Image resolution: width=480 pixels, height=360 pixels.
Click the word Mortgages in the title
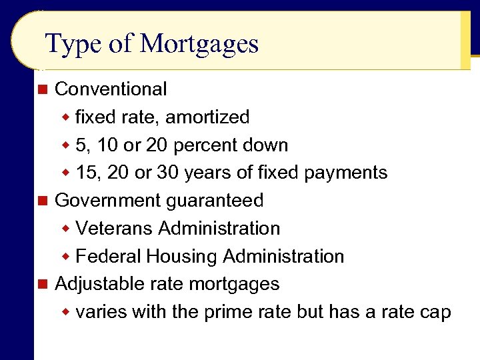pos(199,45)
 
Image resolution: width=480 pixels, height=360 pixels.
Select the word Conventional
pos(111,89)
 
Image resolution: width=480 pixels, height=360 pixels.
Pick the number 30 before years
pos(169,173)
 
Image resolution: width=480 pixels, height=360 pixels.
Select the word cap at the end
pos(437,312)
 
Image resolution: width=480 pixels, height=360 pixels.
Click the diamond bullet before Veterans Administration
pos(66,229)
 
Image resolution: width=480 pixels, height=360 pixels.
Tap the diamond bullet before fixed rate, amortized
pos(66,118)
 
